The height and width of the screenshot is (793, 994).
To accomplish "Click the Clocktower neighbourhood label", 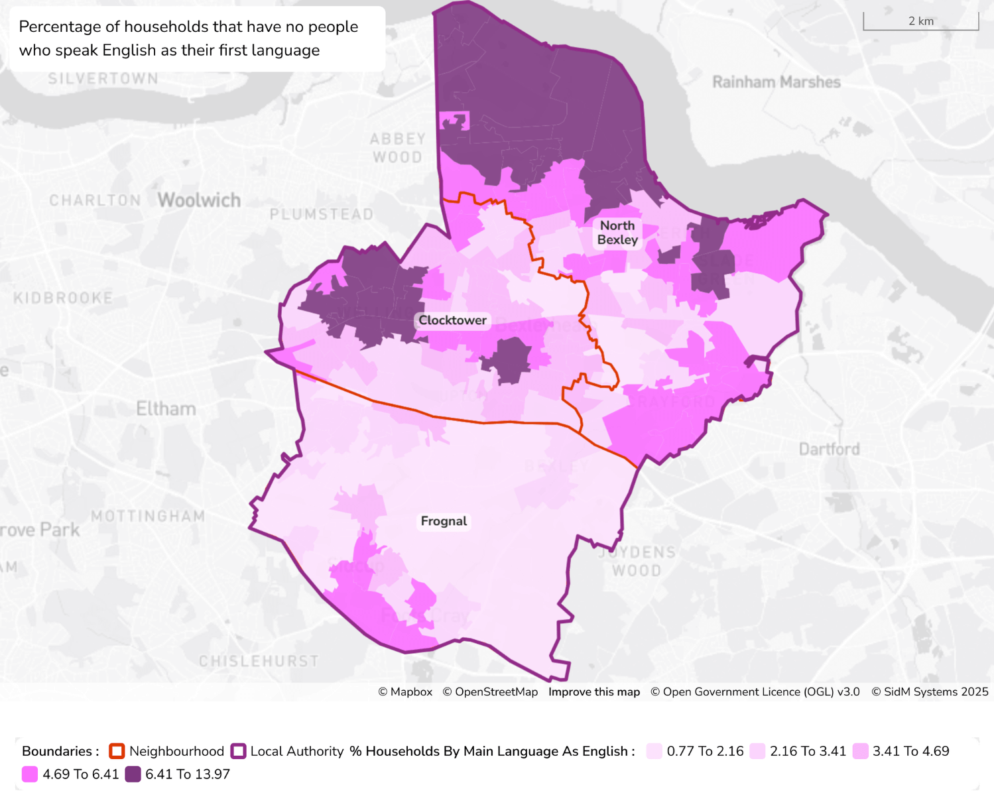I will click(452, 320).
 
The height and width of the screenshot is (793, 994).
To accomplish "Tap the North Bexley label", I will click(617, 233).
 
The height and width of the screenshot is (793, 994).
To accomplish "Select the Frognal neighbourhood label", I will click(444, 521).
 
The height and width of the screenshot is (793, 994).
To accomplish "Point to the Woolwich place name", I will click(199, 200).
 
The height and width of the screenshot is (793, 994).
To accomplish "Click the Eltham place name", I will click(166, 408).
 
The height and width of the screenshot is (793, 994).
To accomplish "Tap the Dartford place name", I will click(829, 450).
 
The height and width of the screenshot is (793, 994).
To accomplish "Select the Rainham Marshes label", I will click(776, 82).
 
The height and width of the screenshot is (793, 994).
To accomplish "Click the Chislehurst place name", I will click(259, 661).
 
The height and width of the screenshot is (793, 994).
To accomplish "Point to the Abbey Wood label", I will click(397, 148).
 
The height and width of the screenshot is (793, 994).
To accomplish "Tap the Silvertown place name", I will click(103, 78).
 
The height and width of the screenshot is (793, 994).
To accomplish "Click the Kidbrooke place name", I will click(63, 298).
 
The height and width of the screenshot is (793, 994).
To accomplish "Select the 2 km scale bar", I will click(920, 21).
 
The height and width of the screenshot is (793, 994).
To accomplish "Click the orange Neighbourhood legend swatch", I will click(117, 751).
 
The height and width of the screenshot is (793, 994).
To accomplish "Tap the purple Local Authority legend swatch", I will click(238, 751).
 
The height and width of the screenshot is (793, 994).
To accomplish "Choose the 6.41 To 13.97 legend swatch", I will click(133, 774).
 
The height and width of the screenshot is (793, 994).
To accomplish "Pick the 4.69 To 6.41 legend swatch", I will click(30, 774).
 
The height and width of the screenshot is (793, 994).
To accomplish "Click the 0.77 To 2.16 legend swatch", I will click(654, 751).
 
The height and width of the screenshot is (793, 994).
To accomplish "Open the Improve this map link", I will click(593, 692).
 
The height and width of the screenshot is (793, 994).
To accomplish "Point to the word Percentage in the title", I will click(60, 27).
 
